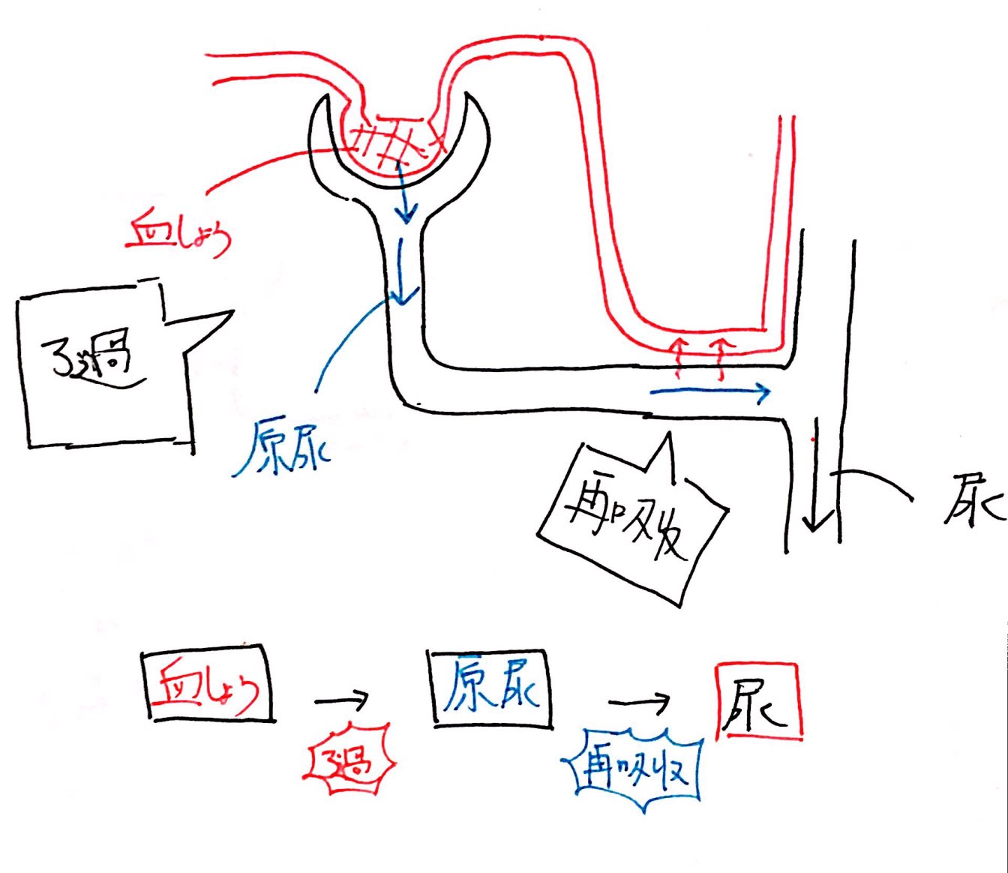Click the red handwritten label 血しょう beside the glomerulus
pyautogui.click(x=178, y=234)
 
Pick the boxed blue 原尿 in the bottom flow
pyautogui.click(x=492, y=687)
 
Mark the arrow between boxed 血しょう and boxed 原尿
pyautogui.click(x=342, y=700)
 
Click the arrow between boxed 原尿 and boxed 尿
pyautogui.click(x=639, y=703)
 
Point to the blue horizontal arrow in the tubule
pyautogui.click(x=709, y=391)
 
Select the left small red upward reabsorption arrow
pyautogui.click(x=678, y=356)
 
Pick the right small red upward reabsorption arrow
pyautogui.click(x=721, y=356)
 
